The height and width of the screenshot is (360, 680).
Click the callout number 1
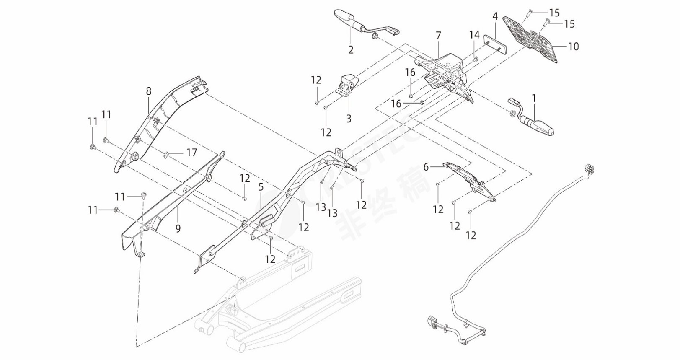tap(534, 98)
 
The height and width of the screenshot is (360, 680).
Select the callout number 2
tap(351, 50)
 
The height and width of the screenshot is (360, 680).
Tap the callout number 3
tap(349, 119)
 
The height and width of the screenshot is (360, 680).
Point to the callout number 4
tap(495, 17)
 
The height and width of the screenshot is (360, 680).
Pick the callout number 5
tap(261, 187)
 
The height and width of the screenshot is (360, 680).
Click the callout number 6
tap(426, 167)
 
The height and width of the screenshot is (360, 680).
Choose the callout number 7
tap(438, 35)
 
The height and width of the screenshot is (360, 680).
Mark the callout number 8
tap(148, 91)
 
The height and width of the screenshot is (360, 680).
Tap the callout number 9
tap(178, 229)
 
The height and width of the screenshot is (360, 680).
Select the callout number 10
tap(573, 46)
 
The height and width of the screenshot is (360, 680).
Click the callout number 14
tap(474, 35)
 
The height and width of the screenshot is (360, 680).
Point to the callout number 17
tap(191, 153)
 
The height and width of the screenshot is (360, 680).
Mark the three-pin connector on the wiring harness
tap(592, 168)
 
